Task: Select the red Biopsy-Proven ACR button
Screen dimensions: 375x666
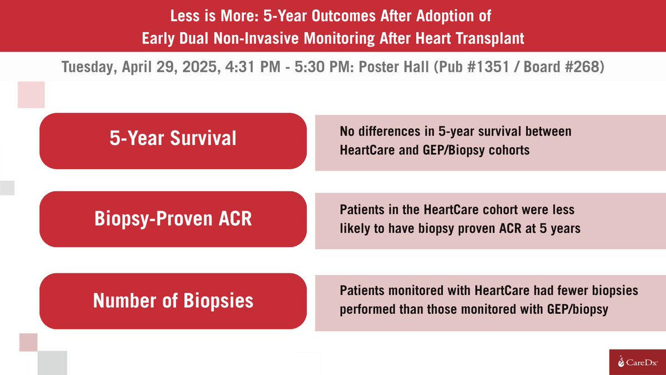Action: point(173,219)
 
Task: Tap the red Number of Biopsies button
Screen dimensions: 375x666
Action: point(173,301)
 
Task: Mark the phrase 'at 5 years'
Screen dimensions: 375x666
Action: point(553,229)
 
